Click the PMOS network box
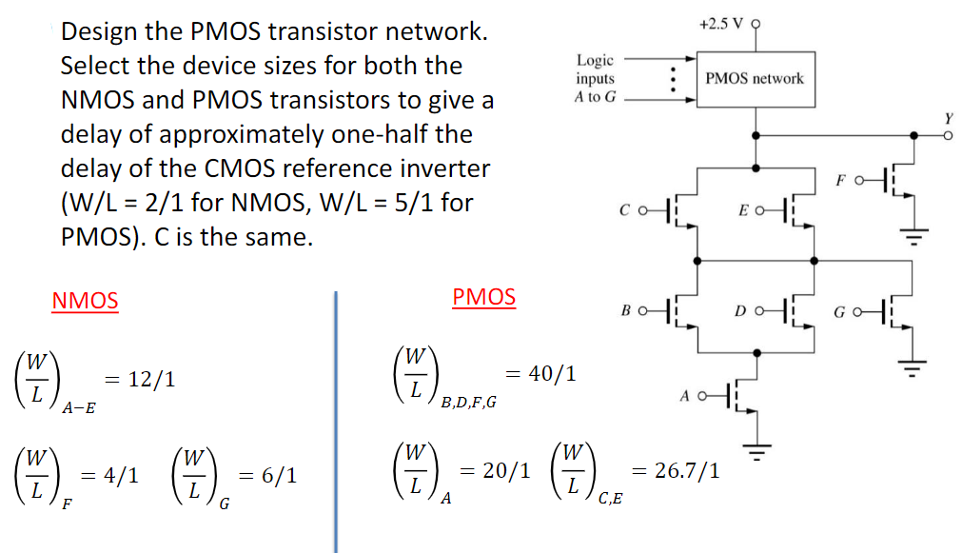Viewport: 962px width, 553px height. (755, 78)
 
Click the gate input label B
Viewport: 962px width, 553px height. (625, 311)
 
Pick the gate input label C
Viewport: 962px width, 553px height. (625, 207)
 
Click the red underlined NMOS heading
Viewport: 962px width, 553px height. (86, 302)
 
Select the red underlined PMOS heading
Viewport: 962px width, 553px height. (483, 297)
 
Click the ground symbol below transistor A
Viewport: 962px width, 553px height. (757, 450)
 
